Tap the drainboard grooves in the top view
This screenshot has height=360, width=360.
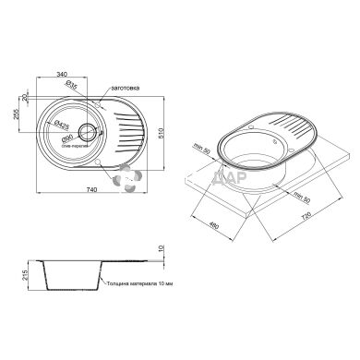[128, 132]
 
